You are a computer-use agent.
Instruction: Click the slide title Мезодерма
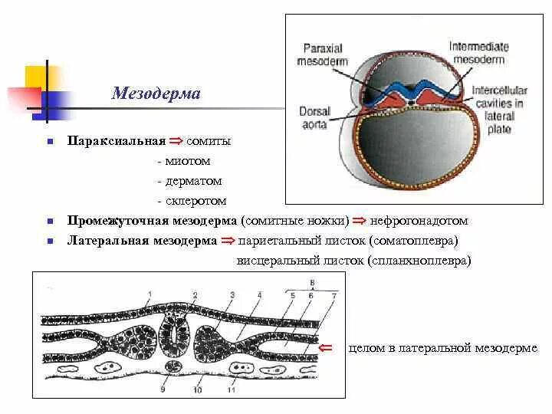click(x=156, y=94)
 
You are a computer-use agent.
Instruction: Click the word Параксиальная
click(x=117, y=142)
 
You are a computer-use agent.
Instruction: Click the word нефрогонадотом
click(x=419, y=221)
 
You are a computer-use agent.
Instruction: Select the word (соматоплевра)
click(x=412, y=241)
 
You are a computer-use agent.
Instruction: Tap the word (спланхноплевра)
click(x=419, y=261)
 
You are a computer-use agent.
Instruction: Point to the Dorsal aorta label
click(x=315, y=117)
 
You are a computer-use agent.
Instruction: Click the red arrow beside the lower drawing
click(x=325, y=348)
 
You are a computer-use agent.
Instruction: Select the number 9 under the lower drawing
click(x=162, y=389)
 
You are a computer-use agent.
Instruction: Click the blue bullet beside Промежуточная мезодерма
click(x=48, y=222)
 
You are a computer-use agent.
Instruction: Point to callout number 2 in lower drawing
click(x=195, y=295)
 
